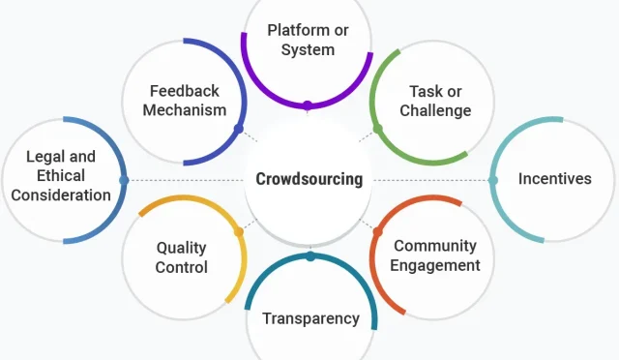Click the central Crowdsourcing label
tap(309, 179)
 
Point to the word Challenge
tap(435, 110)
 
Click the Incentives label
tap(554, 178)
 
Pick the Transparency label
tap(310, 318)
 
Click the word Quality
tap(182, 247)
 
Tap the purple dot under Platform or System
tap(308, 105)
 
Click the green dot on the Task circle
tap(378, 129)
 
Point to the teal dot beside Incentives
tap(493, 180)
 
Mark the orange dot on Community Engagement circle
tap(378, 231)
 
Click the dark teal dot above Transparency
tap(310, 256)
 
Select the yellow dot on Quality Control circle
tap(239, 231)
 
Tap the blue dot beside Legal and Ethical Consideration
tap(124, 180)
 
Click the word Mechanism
tap(185, 110)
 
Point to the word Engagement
tap(436, 265)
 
